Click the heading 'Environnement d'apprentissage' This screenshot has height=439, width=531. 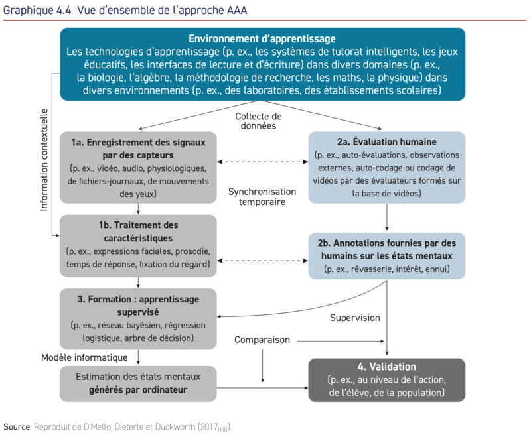[262, 39]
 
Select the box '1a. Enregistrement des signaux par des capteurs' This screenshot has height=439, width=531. [137, 167]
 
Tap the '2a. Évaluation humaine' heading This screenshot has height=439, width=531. [386, 141]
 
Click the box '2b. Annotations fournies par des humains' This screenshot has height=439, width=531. [386, 255]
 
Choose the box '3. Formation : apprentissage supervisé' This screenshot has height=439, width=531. [137, 318]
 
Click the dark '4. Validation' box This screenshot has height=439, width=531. [386, 379]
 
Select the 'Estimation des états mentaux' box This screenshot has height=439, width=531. [137, 383]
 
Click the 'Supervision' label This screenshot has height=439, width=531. [355, 318]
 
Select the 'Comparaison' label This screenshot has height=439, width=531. [262, 340]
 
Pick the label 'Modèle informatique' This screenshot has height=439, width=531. [84, 357]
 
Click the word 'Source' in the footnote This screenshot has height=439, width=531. [16, 426]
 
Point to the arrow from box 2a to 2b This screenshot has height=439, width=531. [386, 217]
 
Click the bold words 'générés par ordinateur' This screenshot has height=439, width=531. [138, 390]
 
